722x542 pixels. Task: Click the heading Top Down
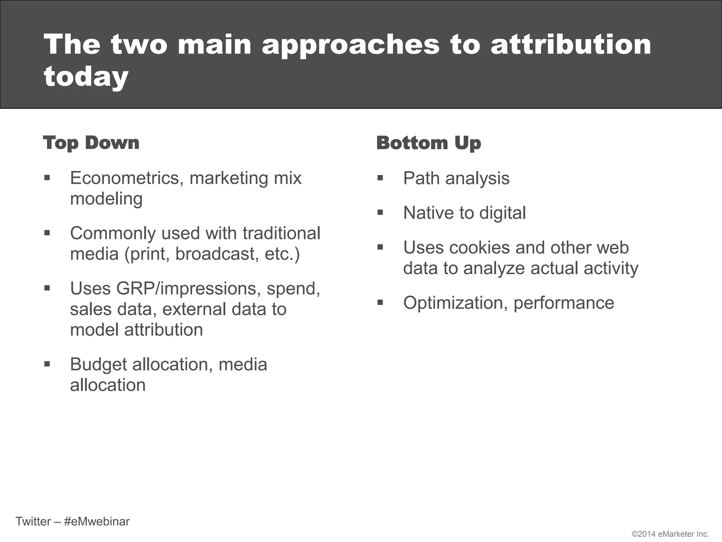point(91,143)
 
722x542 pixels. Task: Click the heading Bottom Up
point(428,143)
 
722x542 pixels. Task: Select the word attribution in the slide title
point(571,45)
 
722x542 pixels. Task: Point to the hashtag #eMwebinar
point(97,522)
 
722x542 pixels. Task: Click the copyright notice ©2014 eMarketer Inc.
point(670,534)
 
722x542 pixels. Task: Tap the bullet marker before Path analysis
point(380,177)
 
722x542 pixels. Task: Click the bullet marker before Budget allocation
point(47,364)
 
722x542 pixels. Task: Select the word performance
point(564,303)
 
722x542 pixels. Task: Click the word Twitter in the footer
point(33,522)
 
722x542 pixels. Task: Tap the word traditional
point(281,233)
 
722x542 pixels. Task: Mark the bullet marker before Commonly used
point(47,233)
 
